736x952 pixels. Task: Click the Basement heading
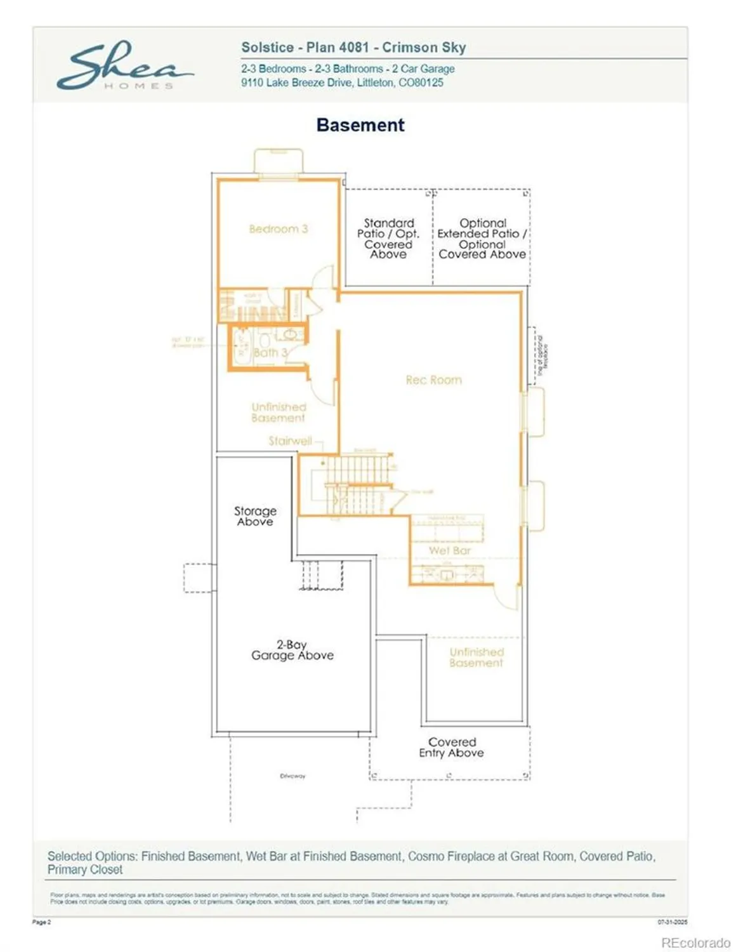tap(360, 125)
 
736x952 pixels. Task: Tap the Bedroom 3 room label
tap(278, 228)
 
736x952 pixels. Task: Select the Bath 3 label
tap(270, 352)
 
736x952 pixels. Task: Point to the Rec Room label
tap(434, 380)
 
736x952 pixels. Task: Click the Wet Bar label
tap(449, 550)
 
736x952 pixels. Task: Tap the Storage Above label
tap(255, 516)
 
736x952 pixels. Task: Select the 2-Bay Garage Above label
tap(292, 650)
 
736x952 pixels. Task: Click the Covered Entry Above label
tap(451, 747)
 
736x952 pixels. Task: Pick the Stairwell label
tap(290, 440)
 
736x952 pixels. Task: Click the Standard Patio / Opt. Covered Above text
tap(388, 239)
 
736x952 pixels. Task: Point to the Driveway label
tap(292, 776)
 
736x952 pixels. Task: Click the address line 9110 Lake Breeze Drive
tap(342, 83)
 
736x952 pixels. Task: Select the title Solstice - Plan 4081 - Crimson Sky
tap(353, 48)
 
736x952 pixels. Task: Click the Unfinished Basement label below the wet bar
tap(476, 658)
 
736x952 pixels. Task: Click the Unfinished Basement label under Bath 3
tap(278, 413)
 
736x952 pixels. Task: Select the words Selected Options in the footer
tap(92, 856)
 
